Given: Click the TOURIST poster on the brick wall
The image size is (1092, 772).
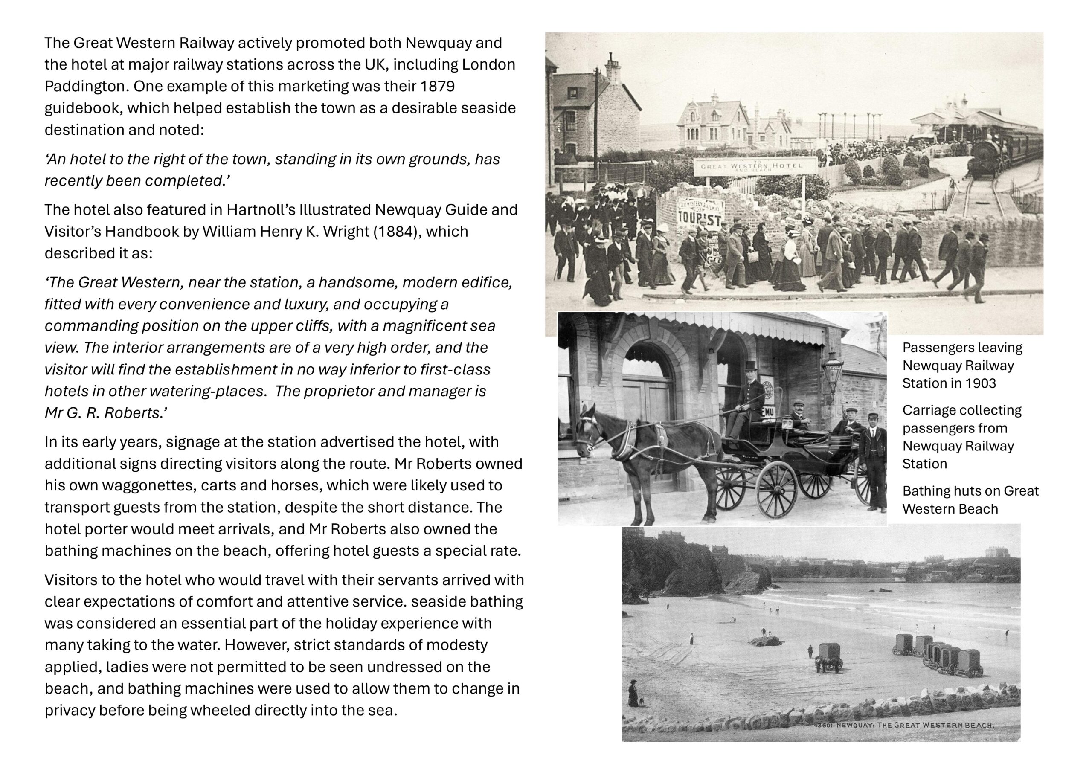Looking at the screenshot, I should pyautogui.click(x=699, y=213).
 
